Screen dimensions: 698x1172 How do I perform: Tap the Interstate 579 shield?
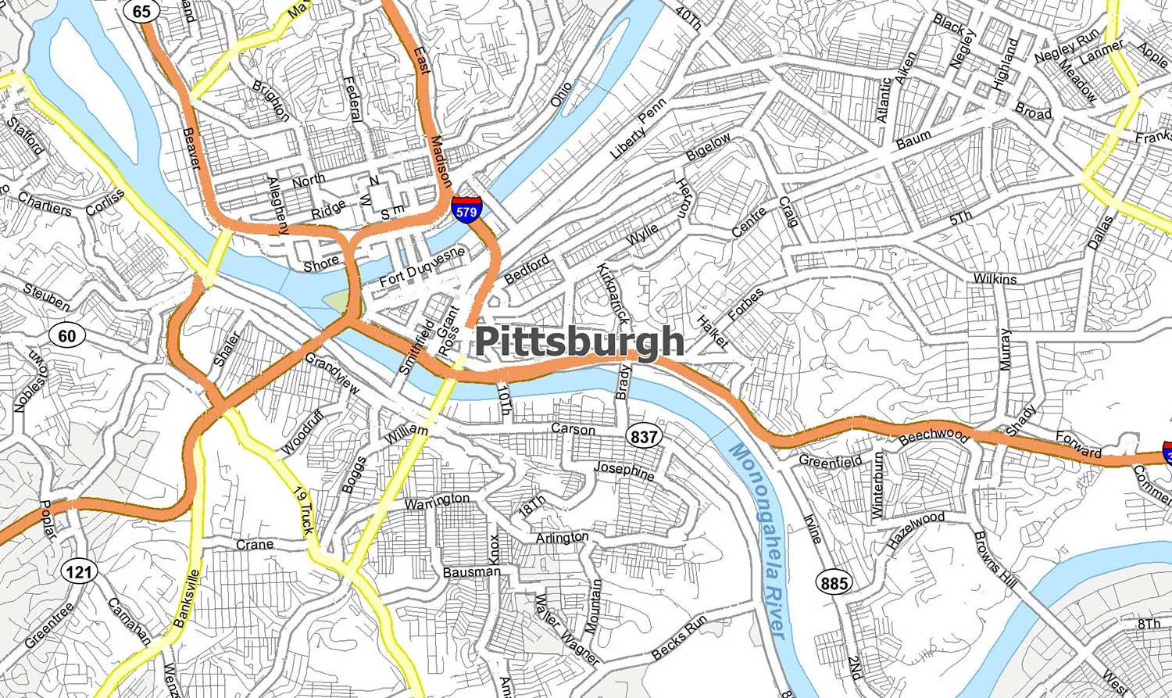[x=466, y=210]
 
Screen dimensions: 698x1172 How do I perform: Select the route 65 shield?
[x=141, y=11]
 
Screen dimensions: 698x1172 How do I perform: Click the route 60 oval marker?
[x=67, y=336]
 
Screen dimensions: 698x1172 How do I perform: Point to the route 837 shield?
[x=643, y=436]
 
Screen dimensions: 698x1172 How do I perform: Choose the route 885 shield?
[x=834, y=582]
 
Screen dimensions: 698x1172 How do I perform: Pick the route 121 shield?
[x=78, y=571]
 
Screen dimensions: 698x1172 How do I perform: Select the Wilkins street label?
[x=995, y=279]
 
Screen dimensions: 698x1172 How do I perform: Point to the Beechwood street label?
[x=934, y=435]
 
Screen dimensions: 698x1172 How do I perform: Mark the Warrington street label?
[x=438, y=500]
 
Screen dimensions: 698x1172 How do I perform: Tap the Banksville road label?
[x=186, y=599]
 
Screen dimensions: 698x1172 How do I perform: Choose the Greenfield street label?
[x=830, y=461]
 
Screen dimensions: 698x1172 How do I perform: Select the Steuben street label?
[x=46, y=297]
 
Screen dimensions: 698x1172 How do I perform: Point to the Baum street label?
[x=913, y=140]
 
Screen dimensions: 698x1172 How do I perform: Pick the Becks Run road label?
[x=679, y=637]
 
